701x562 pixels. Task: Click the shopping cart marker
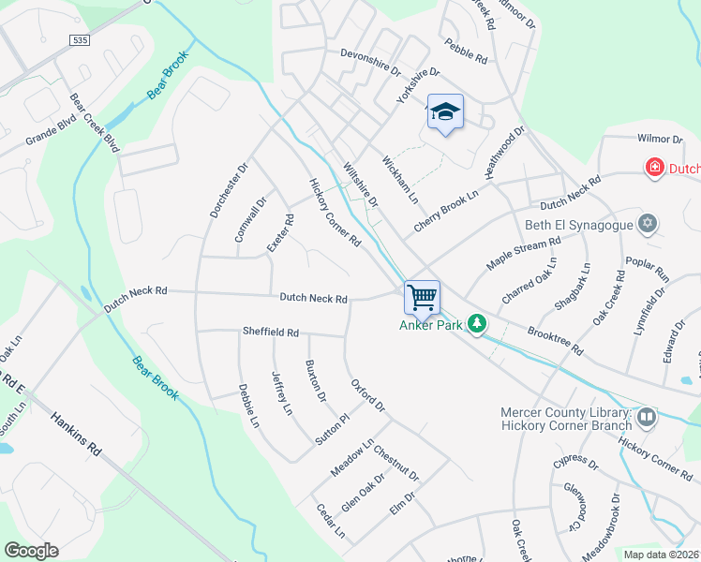pos(422,298)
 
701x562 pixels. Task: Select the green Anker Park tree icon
pos(478,324)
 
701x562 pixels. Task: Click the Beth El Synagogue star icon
pos(646,224)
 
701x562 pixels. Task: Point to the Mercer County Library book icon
pos(646,416)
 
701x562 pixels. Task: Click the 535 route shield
pos(80,39)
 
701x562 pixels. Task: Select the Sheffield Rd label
pos(270,333)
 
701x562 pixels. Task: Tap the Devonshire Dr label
pos(370,62)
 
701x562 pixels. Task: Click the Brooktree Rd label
pos(555,340)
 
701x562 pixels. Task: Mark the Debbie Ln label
pos(247,406)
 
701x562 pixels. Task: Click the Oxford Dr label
pos(367,395)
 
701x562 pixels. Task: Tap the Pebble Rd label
pos(467,52)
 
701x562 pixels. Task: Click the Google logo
pos(31,551)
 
